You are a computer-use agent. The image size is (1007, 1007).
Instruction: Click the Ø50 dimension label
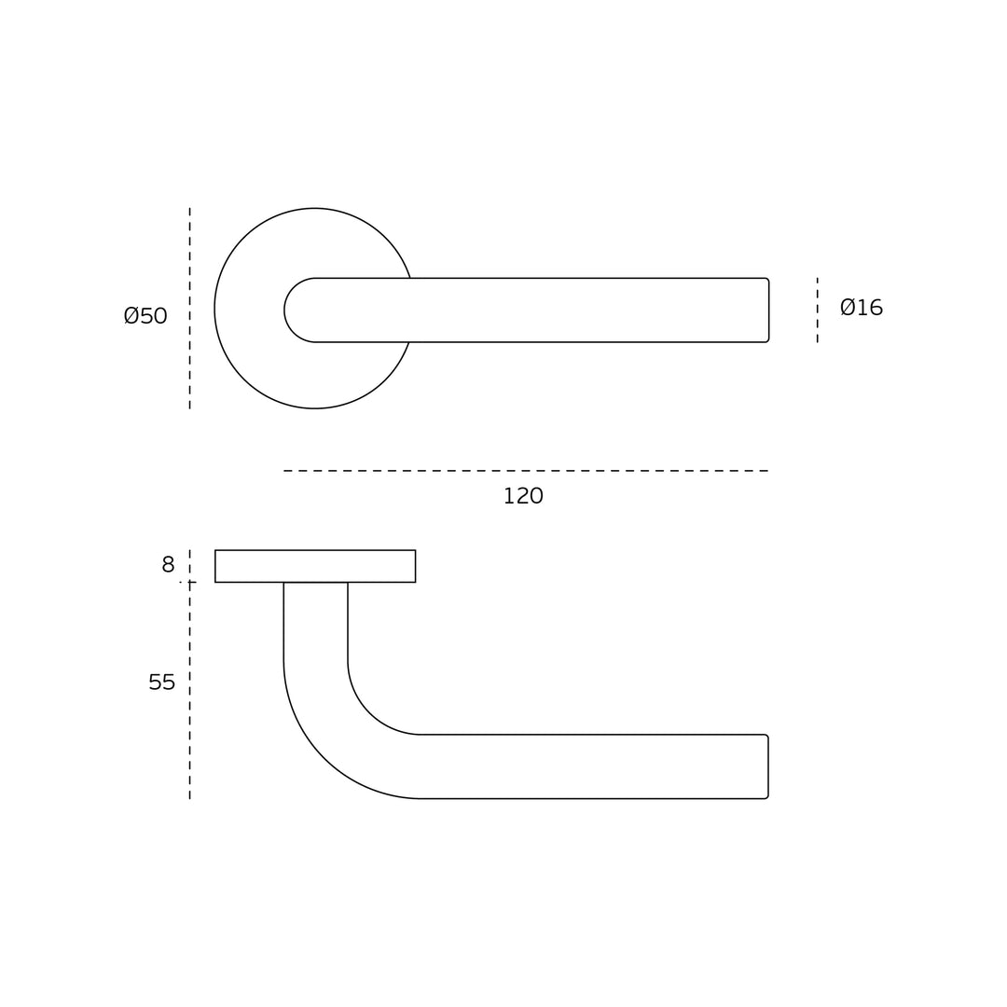(145, 315)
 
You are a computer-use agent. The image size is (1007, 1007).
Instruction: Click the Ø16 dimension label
(862, 308)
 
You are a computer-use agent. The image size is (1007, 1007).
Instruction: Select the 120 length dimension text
(523, 496)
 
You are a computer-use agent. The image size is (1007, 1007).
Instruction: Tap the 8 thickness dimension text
(168, 564)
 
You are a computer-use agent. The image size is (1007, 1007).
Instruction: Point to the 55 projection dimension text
(162, 682)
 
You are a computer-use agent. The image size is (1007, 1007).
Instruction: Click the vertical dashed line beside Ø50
(189, 309)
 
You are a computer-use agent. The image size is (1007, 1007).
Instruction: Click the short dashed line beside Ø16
(817, 310)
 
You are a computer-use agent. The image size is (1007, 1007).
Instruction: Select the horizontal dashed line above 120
(526, 471)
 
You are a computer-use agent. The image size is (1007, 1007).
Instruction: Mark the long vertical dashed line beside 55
(189, 691)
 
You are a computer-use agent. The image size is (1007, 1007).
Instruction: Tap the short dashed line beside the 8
(189, 565)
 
